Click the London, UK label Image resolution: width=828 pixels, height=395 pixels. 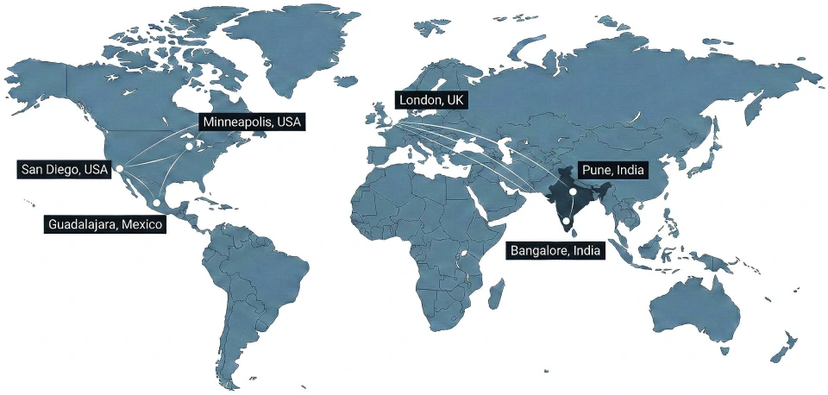coord(431,101)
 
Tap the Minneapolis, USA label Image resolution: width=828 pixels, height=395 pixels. coord(251,122)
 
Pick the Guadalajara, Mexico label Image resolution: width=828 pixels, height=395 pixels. coord(104,225)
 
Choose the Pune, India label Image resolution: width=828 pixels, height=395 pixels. coord(612,171)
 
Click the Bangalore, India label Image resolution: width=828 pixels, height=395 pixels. coord(555,251)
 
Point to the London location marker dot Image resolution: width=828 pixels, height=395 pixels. coord(388,121)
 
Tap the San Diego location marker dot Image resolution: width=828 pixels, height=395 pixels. coord(120,167)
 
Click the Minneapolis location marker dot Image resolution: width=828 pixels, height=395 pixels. coord(189,146)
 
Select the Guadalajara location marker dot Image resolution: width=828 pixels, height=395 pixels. coord(156,204)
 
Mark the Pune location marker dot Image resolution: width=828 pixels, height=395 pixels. coord(573,191)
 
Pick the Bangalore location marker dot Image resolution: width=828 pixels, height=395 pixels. coord(566,221)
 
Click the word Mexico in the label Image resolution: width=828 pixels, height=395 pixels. coord(142,225)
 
